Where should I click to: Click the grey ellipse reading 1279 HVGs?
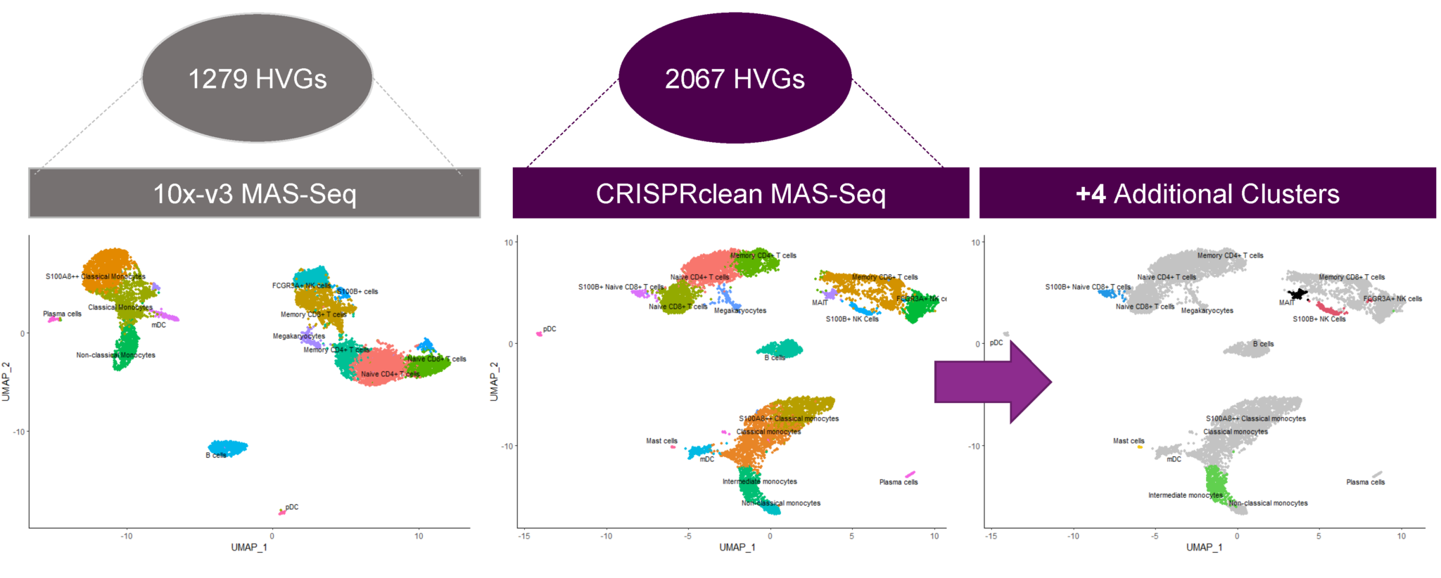[x=257, y=78]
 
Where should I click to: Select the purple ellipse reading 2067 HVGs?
[x=735, y=78]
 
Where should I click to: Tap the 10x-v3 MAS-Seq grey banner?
[x=254, y=193]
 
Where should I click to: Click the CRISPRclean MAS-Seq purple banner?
[x=740, y=193]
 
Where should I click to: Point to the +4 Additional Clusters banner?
[x=1207, y=193]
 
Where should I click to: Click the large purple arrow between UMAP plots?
[x=992, y=382]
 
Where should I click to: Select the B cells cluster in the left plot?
[x=227, y=447]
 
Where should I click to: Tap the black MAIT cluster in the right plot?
[x=1297, y=294]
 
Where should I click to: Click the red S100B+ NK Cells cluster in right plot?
[x=1330, y=309]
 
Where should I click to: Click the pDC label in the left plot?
[x=292, y=507]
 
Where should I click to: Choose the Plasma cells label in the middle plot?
[x=899, y=482]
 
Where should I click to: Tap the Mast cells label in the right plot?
[x=1129, y=441]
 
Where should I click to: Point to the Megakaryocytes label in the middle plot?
[x=740, y=311]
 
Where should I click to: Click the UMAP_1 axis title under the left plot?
[x=249, y=547]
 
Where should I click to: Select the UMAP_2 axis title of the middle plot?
[x=494, y=382]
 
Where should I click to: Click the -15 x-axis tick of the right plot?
[x=991, y=536]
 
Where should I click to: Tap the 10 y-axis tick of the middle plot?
[x=508, y=243]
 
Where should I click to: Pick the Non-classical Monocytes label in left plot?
[x=116, y=355]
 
